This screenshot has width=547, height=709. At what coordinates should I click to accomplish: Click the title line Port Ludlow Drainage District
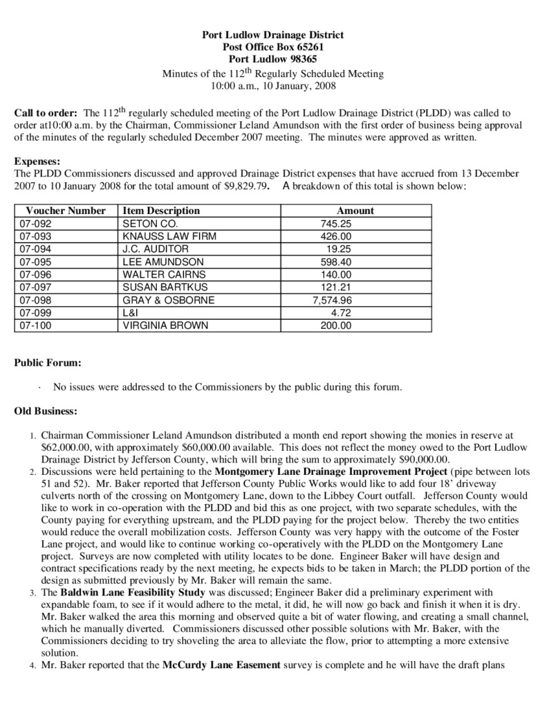pyautogui.click(x=272, y=35)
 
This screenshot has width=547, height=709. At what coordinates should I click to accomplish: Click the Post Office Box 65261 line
pyautogui.click(x=272, y=47)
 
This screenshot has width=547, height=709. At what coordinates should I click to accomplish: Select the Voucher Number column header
pyautogui.click(x=66, y=210)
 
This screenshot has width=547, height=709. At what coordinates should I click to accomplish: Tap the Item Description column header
pyautogui.click(x=160, y=210)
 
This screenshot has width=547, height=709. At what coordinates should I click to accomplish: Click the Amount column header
pyautogui.click(x=355, y=210)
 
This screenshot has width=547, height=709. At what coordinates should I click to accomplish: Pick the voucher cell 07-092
pyautogui.click(x=36, y=224)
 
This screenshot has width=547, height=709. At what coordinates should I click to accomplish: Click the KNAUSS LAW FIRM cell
pyautogui.click(x=169, y=237)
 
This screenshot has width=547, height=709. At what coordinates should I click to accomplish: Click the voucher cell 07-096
pyautogui.click(x=36, y=275)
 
